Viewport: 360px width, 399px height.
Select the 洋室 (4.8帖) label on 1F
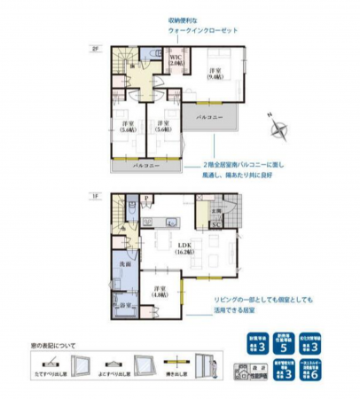click(160, 293)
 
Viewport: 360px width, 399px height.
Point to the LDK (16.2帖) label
click(183, 248)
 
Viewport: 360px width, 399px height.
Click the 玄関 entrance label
click(215, 210)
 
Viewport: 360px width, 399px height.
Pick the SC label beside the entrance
click(215, 224)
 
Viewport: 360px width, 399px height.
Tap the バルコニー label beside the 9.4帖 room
click(209, 116)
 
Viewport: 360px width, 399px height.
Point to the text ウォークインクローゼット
click(203, 30)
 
